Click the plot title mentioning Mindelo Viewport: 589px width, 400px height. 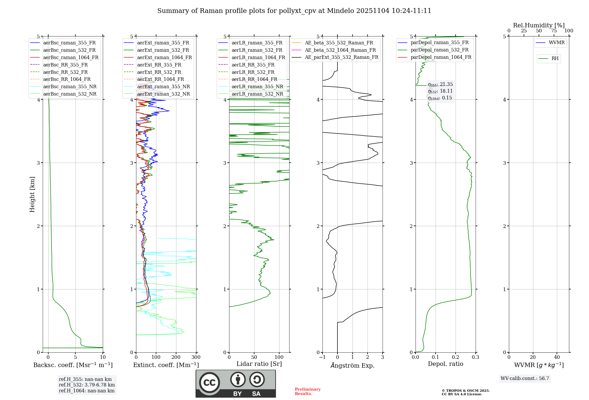coord(294,11)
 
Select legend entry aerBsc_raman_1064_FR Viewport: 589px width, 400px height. coord(71,57)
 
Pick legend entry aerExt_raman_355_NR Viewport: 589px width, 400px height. coord(163,86)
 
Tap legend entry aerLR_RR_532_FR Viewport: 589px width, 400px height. coord(253,72)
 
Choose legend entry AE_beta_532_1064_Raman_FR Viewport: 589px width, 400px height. coord(340,50)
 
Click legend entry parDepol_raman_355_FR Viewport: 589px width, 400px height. coord(439,43)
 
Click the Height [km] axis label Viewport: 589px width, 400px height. coord(32,194)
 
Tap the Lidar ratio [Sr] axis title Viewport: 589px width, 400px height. coord(259,364)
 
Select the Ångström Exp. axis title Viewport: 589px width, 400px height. coord(353,366)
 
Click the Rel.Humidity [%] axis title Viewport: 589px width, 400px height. coord(539,25)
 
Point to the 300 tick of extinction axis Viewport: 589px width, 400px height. coord(196,357)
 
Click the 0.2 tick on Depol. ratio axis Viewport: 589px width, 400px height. coord(456,357)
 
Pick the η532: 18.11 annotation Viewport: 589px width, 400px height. coord(440,91)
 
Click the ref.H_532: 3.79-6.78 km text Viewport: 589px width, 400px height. coord(87,385)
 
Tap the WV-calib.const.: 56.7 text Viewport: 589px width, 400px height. coord(525,379)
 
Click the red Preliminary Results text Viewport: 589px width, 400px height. coord(307,391)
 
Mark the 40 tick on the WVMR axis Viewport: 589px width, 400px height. coord(557,357)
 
